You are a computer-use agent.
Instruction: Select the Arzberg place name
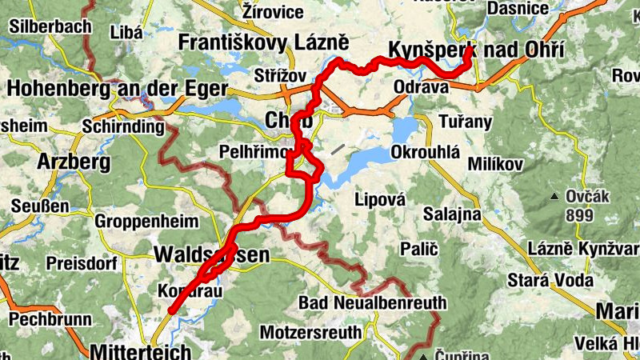click(74, 162)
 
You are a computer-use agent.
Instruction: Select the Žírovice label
click(273, 12)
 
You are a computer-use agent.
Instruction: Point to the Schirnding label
click(118, 126)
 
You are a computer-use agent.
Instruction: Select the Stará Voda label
click(550, 280)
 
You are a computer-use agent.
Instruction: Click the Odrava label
click(421, 88)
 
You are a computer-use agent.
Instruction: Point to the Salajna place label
click(451, 214)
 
